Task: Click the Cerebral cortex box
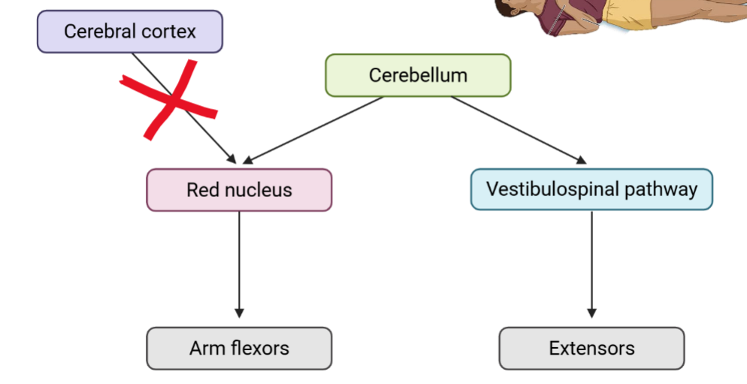(x=129, y=32)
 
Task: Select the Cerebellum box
(x=418, y=75)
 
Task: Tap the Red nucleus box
(x=239, y=189)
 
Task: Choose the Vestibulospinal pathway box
(x=591, y=189)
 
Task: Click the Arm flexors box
(x=239, y=348)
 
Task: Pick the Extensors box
(x=591, y=348)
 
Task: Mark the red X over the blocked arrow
(x=170, y=101)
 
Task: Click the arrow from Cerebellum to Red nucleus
(x=312, y=129)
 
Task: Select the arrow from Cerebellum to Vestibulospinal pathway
(x=519, y=129)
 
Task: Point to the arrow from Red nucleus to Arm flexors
(x=240, y=263)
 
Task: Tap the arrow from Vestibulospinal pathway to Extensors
(x=591, y=263)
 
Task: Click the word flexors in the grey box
(x=259, y=348)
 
